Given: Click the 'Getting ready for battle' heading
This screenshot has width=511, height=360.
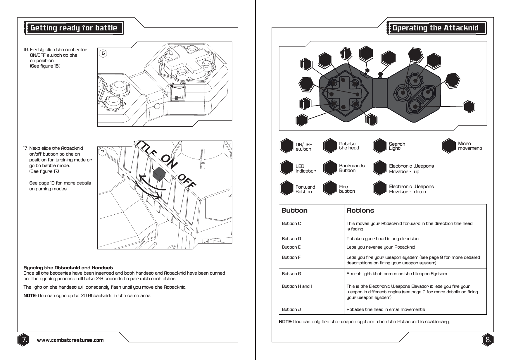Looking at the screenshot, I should (x=74, y=28).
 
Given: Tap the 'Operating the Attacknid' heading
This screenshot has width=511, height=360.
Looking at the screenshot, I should (x=435, y=28).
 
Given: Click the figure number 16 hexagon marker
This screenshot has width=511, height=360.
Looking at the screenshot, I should (x=103, y=53).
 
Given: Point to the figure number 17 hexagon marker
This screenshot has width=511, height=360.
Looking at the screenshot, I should (x=103, y=152).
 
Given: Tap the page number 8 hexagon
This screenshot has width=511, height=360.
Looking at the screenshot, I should (x=488, y=340).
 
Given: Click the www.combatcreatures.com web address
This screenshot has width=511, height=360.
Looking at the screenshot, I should (x=70, y=340).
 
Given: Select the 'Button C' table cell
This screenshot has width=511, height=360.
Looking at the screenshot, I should (x=291, y=224).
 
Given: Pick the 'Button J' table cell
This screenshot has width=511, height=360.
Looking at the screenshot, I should (x=291, y=309).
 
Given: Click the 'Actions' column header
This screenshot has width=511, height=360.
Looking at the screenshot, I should (x=360, y=211).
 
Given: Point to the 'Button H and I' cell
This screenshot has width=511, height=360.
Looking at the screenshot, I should (x=297, y=286).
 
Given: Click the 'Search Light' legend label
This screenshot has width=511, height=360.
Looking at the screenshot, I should (x=397, y=146).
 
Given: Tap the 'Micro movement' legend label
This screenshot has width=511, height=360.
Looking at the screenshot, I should (x=470, y=146).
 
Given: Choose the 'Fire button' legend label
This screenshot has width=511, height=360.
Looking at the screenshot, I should (x=347, y=189).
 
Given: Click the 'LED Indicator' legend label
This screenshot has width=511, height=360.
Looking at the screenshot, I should (x=305, y=168).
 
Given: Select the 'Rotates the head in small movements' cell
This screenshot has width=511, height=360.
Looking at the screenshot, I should (x=386, y=309).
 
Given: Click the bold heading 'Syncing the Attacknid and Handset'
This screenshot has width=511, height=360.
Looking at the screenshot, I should (x=68, y=268).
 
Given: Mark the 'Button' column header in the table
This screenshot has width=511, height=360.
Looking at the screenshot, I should (x=294, y=211).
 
